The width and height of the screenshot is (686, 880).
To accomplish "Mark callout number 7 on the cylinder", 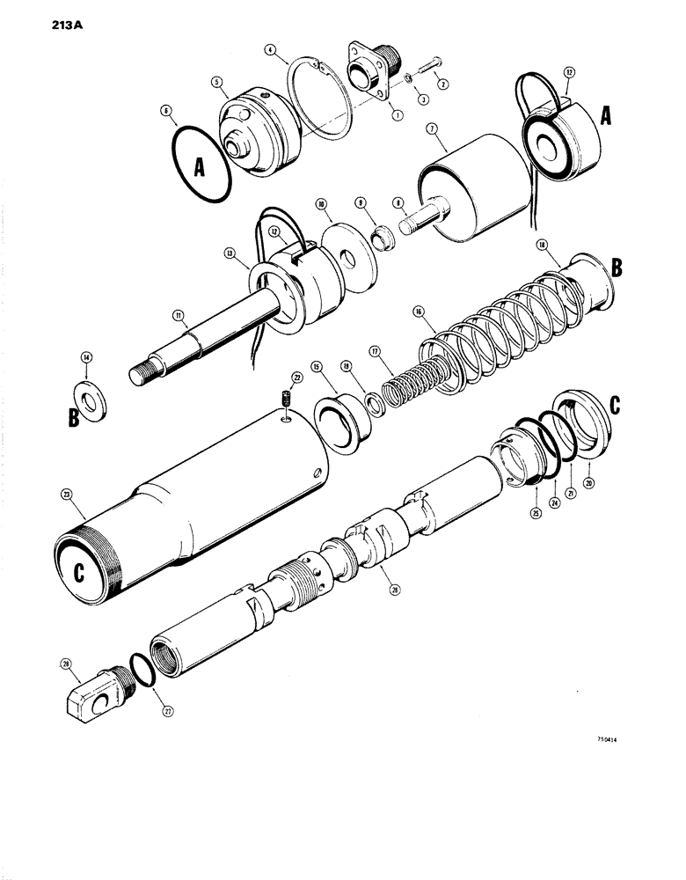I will coord(432,128).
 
